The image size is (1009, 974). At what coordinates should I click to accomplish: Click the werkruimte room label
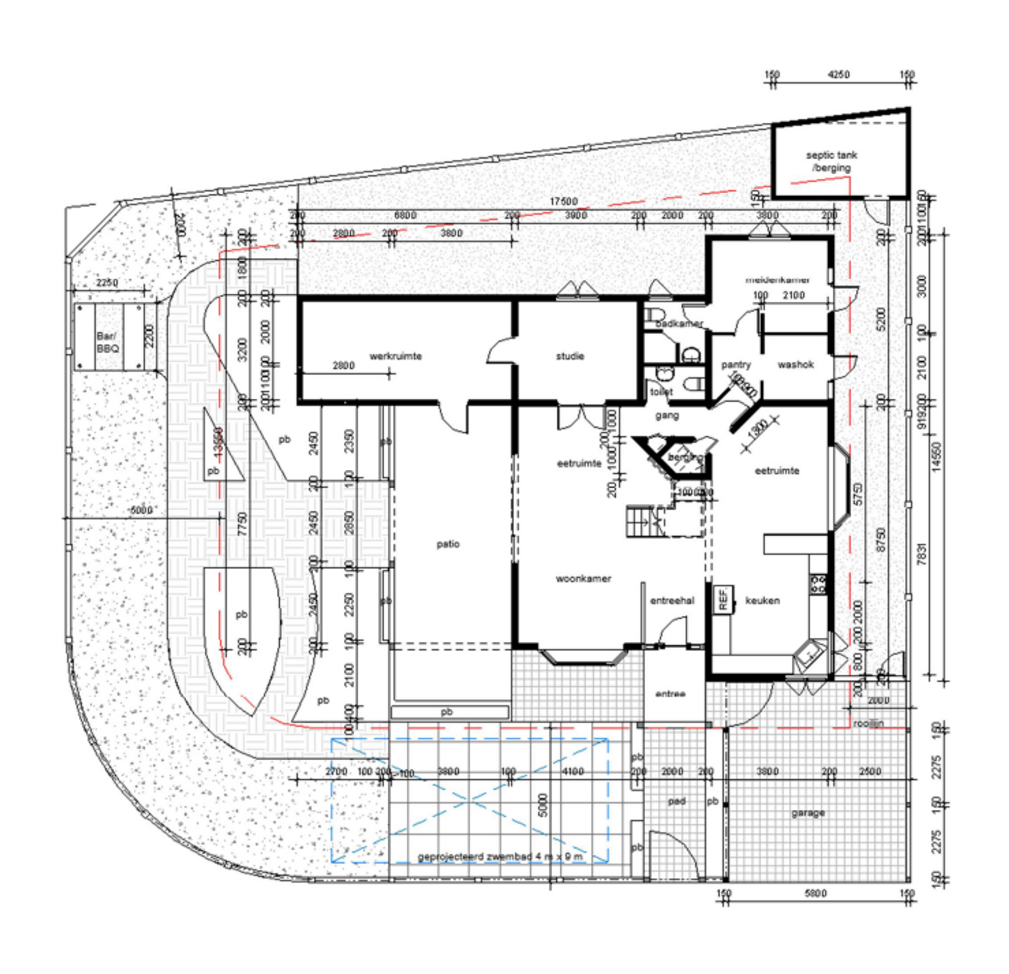395,356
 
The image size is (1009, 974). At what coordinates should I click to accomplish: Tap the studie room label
570,356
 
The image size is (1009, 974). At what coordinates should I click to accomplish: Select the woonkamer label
583,578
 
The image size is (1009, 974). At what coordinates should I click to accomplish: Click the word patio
448,544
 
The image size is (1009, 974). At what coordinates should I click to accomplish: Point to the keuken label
762,600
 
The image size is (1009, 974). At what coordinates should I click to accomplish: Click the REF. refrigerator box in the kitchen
723,599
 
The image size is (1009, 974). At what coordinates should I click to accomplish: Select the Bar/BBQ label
107,343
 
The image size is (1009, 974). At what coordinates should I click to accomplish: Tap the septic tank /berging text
832,161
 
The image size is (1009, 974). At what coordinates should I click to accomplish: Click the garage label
807,812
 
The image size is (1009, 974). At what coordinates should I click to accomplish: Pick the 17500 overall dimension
563,202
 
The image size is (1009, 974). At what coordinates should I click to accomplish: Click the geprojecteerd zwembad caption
500,857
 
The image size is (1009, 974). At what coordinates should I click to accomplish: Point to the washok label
795,365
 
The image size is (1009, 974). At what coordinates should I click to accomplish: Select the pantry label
736,365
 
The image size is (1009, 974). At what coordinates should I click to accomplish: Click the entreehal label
672,600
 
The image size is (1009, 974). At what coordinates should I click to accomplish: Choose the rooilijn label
868,723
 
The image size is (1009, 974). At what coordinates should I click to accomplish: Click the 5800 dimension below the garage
815,893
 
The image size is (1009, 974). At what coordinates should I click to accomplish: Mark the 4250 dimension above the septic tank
838,75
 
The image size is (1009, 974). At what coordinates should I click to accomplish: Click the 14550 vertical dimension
937,455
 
